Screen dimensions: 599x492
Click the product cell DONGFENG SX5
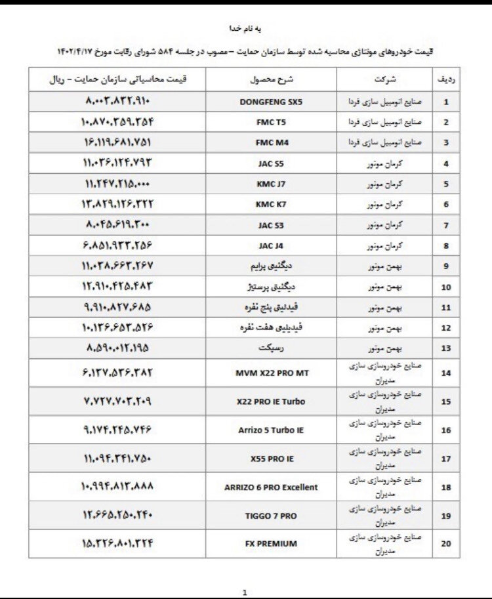point(271,102)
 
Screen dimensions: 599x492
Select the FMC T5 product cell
point(271,123)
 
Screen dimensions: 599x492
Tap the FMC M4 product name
point(271,142)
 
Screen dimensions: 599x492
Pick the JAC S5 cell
point(271,163)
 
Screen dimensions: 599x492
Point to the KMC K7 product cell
point(271,204)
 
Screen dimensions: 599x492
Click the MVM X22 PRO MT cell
point(271,373)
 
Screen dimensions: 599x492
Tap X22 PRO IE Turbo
point(271,402)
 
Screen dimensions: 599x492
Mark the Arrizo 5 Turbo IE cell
point(271,430)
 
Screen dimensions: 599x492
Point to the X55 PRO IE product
point(271,459)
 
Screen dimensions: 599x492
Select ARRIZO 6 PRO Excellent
point(271,487)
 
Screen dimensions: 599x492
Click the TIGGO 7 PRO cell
point(271,516)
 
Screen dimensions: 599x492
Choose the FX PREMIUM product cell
point(271,543)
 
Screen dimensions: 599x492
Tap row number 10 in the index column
point(446,287)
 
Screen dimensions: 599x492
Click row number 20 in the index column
point(446,544)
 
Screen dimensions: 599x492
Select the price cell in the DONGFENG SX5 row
point(118,102)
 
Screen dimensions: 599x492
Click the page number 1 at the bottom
point(244,592)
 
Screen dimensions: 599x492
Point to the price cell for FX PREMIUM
point(118,543)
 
